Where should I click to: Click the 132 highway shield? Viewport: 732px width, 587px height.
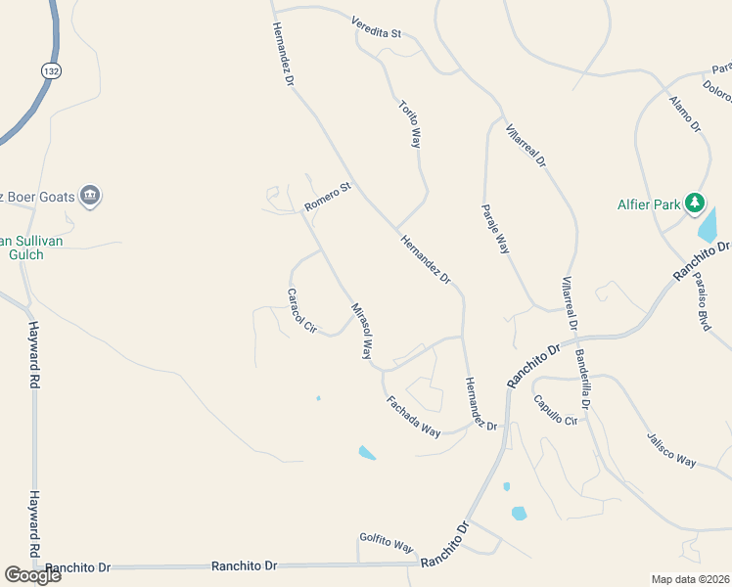coord(52,70)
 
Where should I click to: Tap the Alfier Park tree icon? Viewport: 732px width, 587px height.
coord(695,203)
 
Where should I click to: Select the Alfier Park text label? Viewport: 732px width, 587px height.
coord(648,204)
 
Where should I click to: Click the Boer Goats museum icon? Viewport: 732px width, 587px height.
coord(90,196)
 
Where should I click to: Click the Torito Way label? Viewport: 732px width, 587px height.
coord(409,123)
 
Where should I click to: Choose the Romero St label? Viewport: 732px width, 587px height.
coord(327,197)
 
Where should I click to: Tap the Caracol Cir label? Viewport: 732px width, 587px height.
coord(302,311)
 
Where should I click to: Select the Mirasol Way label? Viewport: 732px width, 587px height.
coord(361,332)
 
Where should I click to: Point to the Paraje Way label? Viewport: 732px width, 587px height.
coord(495,229)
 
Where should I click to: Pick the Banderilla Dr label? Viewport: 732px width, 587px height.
coord(583,378)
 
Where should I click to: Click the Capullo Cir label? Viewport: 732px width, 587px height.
coord(556,409)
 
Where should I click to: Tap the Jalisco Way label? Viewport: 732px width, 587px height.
coord(670,449)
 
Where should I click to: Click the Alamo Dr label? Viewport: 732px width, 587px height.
coord(685,113)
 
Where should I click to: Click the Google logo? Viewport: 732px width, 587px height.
coord(32,574)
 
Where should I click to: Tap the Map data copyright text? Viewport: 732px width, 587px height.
coord(690,579)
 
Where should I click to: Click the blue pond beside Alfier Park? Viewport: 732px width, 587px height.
coord(707,226)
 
